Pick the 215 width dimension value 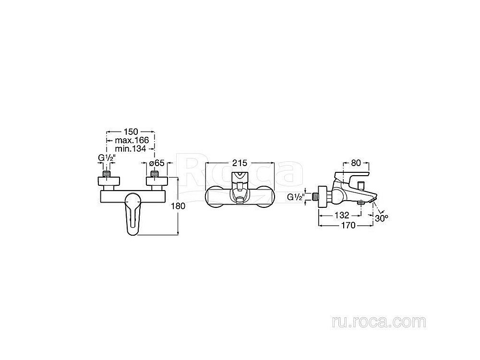tap(240, 163)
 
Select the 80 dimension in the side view tap(355, 163)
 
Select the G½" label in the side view tap(296, 197)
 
